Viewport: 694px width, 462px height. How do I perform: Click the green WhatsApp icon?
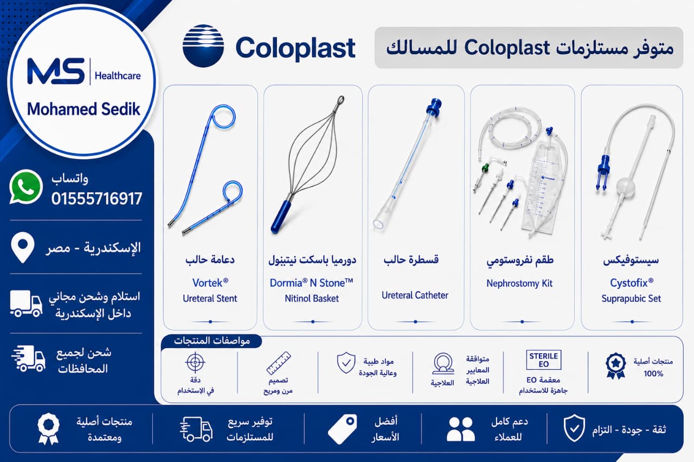pos(25,187)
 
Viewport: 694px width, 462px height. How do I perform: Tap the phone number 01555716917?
pos(97,199)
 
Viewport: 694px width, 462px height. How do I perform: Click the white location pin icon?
pos(23,248)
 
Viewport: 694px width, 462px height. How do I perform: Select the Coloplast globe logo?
pos(203,46)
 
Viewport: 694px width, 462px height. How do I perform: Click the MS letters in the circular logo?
pos(56,71)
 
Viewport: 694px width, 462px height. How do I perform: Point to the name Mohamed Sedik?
pos(83,109)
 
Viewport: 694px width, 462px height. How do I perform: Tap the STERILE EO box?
pos(543,360)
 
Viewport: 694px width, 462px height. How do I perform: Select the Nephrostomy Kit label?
pos(519,283)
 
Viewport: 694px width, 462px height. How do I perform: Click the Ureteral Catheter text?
pos(415,295)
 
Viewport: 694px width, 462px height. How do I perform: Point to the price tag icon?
pos(342,429)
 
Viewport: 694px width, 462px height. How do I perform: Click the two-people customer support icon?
pos(460,429)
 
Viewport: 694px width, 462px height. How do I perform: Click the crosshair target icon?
pos(195,362)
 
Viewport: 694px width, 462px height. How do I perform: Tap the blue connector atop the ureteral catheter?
pos(434,108)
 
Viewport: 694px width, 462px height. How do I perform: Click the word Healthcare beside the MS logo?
pos(118,76)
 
